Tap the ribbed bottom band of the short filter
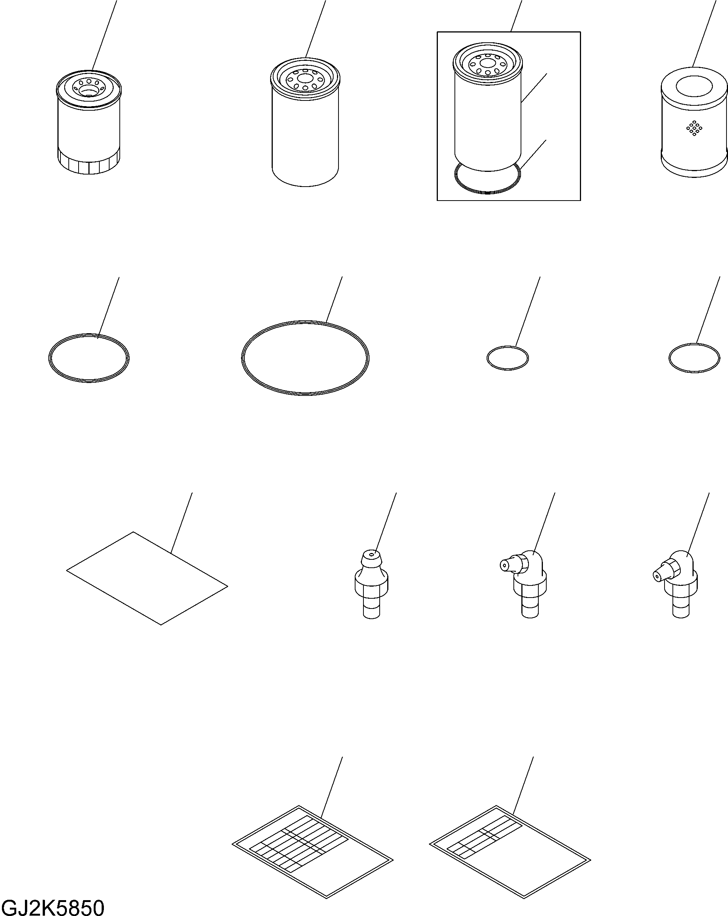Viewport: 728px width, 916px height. click(x=88, y=164)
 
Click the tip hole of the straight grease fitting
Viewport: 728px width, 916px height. click(x=371, y=554)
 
